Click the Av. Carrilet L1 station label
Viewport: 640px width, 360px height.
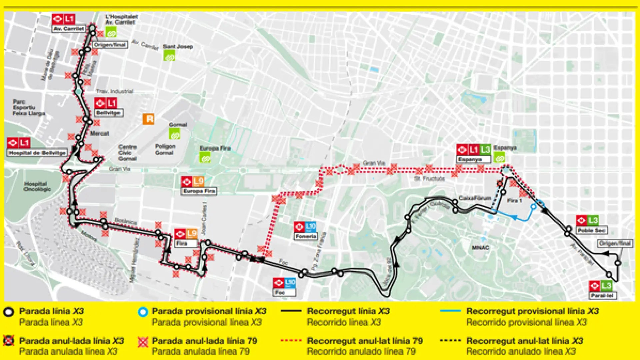(69, 29)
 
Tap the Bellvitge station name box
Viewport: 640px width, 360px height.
(108, 113)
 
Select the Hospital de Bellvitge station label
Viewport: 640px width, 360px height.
(37, 153)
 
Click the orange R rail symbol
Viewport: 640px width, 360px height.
(148, 119)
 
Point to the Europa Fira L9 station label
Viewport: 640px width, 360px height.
(199, 191)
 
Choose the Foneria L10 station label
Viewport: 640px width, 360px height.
(306, 236)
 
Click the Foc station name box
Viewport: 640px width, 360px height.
(284, 292)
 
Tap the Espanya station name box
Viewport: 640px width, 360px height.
(473, 160)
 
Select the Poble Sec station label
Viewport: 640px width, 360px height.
(591, 230)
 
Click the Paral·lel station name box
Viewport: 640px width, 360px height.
(603, 295)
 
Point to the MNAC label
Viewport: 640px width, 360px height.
(480, 248)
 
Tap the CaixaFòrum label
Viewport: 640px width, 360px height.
(475, 198)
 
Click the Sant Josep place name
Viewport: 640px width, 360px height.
(178, 47)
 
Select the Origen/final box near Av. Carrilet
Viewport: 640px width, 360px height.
(110, 45)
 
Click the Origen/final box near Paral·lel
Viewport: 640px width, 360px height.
(615, 243)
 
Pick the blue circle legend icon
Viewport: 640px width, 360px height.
(143, 312)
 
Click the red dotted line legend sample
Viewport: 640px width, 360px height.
(291, 340)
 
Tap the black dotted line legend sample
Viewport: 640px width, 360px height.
(450, 340)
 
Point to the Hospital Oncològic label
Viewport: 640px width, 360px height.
(37, 186)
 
